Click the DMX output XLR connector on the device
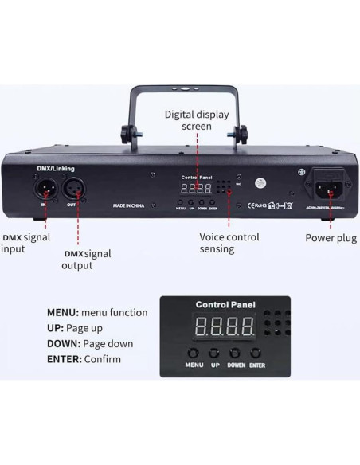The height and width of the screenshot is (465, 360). pos(71,190)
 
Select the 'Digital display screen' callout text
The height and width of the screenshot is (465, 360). pos(196,120)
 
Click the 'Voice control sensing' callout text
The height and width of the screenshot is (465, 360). pos(229,243)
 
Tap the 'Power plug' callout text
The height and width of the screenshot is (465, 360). pos(331,238)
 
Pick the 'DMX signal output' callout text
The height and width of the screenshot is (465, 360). pos(86,260)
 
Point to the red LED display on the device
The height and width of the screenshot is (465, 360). pos(195,189)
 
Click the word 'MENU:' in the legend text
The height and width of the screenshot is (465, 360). pos(63,312)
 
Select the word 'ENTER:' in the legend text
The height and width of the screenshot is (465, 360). pos(63,359)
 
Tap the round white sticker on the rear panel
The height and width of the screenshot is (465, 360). pos(260,182)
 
